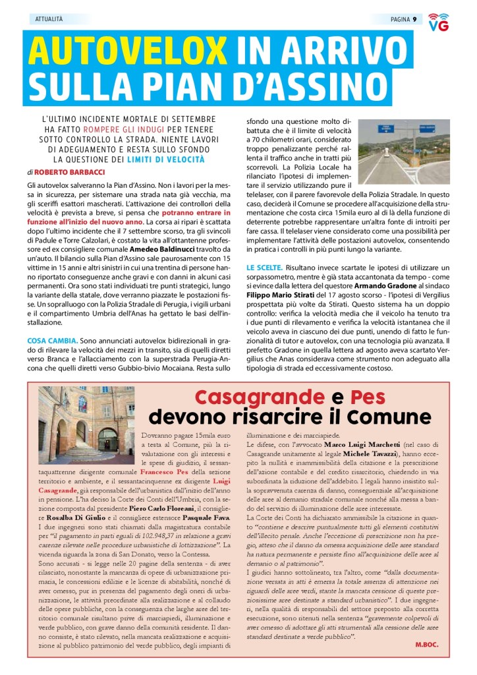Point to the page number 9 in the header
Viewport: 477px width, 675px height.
[414, 19]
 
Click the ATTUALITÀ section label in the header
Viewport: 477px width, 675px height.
[49, 19]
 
